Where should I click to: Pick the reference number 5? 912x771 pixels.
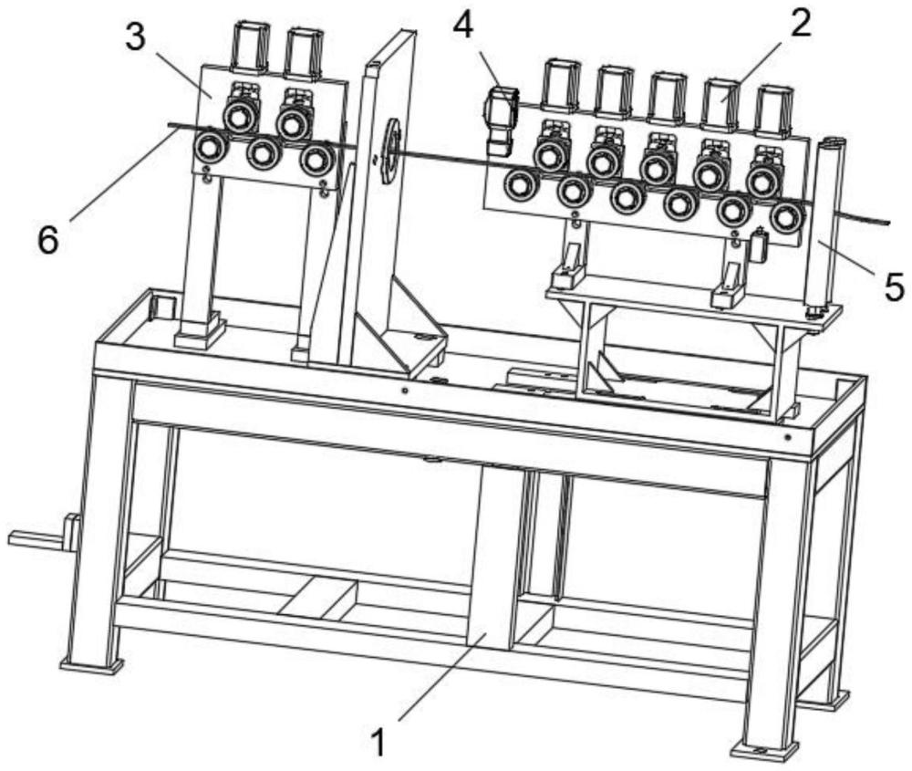(893, 287)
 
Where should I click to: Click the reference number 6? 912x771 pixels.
(47, 240)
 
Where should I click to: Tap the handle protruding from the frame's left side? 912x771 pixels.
(36, 537)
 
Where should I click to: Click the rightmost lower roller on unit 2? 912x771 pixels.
(785, 218)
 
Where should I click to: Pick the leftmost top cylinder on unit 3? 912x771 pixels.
(246, 46)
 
